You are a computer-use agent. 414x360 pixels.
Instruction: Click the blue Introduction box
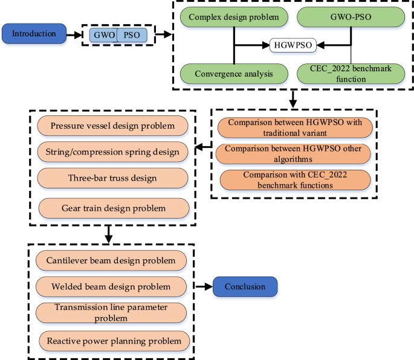[x=34, y=34]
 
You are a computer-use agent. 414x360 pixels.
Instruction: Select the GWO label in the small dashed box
[x=103, y=36]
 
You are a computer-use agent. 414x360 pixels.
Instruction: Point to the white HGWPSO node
[x=293, y=45]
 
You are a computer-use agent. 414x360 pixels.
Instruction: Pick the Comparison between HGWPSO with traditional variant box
[x=294, y=127]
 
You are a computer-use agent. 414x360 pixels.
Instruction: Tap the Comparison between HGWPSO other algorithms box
[x=294, y=154]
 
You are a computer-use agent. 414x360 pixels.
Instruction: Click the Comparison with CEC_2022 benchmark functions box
[x=294, y=179]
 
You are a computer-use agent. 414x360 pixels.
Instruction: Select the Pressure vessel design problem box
[x=113, y=126]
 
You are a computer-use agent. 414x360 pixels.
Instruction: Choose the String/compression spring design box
[x=113, y=151]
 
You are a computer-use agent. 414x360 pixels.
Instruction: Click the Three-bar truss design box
[x=113, y=178]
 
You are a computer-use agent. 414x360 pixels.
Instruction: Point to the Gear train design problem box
[x=113, y=208]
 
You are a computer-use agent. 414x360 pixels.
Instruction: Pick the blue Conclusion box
[x=245, y=287]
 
